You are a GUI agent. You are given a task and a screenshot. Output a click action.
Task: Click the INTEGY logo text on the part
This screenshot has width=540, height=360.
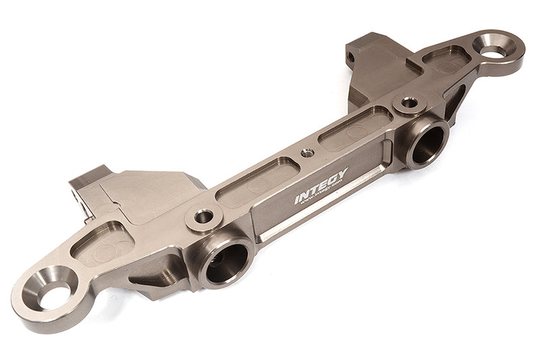321,187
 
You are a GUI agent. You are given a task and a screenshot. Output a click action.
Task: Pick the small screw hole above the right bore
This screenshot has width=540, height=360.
408,104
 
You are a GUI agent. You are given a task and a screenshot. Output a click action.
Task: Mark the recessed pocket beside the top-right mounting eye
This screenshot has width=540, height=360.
446,61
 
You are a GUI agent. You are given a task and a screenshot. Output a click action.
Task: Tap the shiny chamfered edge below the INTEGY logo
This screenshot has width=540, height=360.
317,216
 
